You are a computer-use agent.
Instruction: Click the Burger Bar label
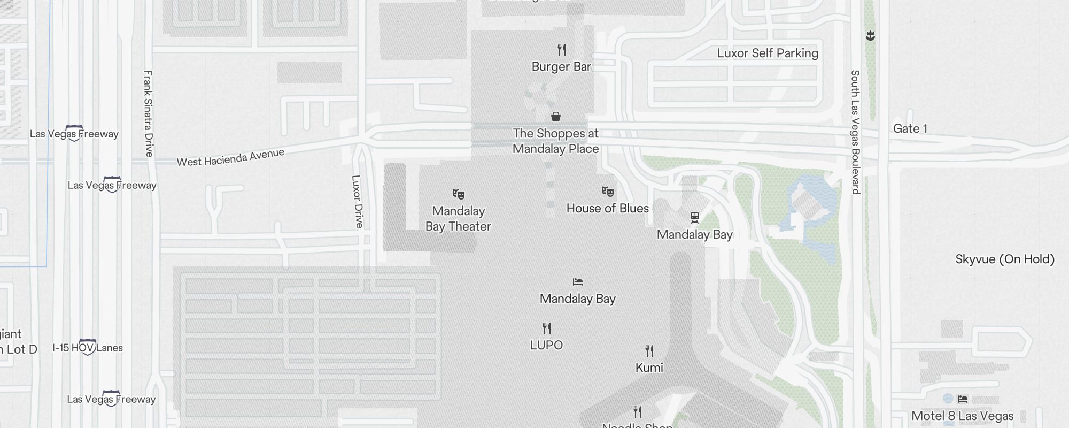[561, 67]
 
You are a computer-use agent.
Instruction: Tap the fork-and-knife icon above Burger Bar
[561, 50]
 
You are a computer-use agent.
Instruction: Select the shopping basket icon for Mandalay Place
[556, 117]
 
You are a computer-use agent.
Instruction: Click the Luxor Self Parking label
[768, 53]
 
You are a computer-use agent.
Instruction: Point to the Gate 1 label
[910, 128]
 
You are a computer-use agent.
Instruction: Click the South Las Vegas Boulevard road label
[855, 132]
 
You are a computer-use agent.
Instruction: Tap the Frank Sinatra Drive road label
[148, 113]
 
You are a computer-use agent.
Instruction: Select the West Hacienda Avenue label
[230, 157]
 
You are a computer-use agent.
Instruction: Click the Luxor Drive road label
[357, 201]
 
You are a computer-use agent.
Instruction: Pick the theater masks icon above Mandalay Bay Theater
[458, 194]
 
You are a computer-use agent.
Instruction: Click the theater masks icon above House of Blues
[607, 191]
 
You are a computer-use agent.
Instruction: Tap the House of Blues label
[607, 208]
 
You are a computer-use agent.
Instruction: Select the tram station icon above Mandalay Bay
[694, 217]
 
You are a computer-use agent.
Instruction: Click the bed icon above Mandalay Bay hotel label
[577, 282]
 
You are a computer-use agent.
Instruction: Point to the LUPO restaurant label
[546, 345]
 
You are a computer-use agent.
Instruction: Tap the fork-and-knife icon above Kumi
[649, 351]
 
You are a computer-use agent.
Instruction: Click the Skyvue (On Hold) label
[1005, 259]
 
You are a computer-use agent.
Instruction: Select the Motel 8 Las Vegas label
[962, 416]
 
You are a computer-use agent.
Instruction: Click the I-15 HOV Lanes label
[88, 348]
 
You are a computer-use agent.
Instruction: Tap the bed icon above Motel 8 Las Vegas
[963, 399]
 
